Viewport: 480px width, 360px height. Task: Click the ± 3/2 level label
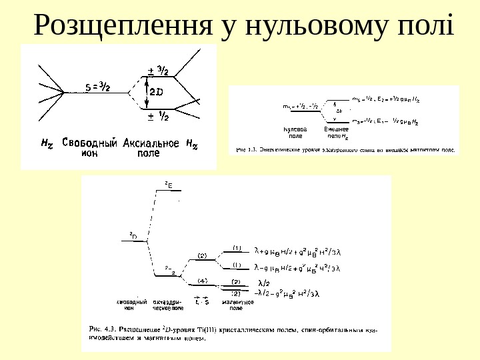[x=158, y=71]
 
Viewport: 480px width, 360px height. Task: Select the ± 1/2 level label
[x=158, y=117]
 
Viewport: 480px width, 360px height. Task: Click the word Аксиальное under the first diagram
[x=151, y=142]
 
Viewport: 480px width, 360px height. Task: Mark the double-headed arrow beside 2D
[x=147, y=92]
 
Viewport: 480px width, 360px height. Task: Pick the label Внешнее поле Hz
[x=336, y=131]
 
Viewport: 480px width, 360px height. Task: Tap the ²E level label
[x=169, y=183]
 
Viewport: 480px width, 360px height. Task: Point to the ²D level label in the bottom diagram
[x=133, y=235]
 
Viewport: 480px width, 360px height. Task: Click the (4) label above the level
[x=203, y=280]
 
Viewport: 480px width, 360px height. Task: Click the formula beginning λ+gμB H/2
[x=297, y=251]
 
